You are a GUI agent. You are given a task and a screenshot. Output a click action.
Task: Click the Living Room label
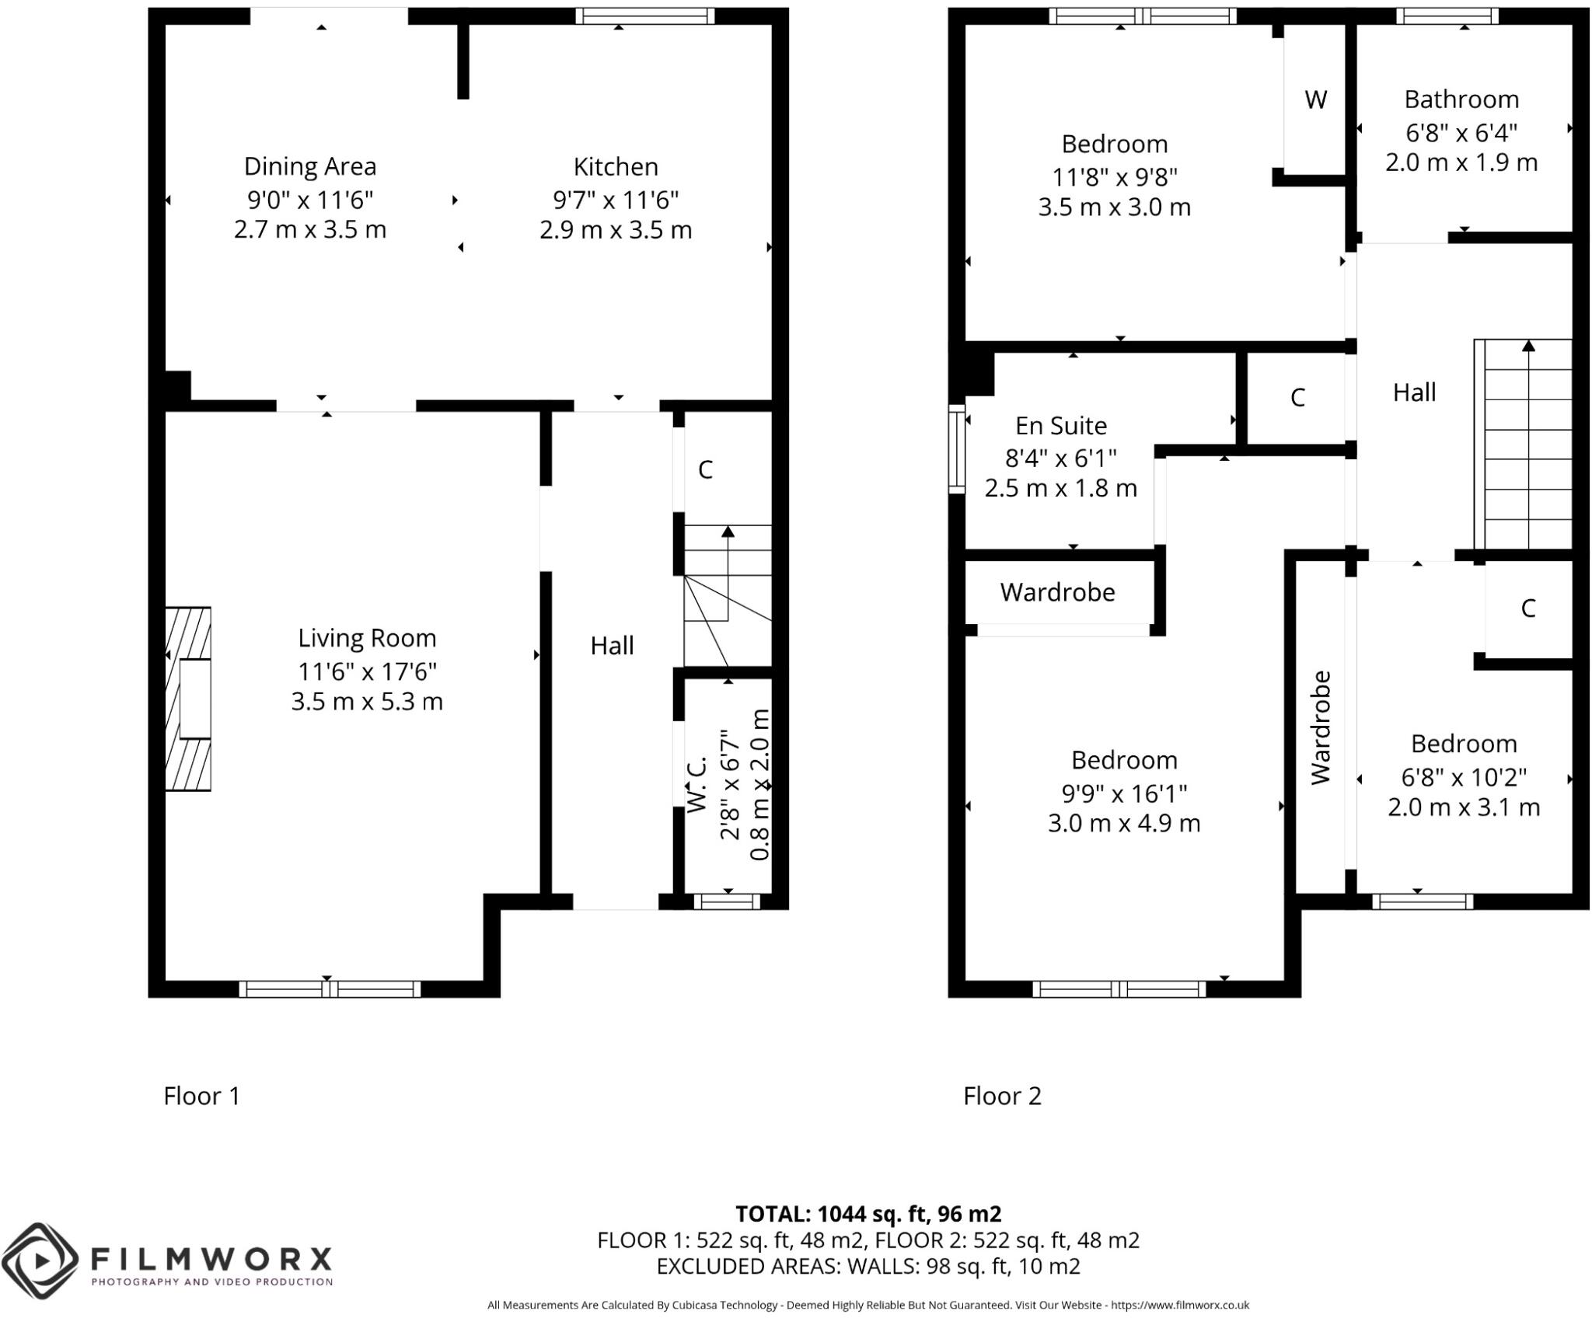coord(367,638)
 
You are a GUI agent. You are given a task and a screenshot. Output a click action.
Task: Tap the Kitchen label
coord(616,166)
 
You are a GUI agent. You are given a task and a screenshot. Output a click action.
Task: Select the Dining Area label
coord(310,166)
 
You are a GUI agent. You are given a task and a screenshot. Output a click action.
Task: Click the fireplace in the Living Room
coord(188,699)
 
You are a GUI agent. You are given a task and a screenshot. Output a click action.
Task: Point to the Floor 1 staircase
coord(728,595)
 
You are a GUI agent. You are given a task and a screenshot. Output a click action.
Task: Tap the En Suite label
coord(1061,426)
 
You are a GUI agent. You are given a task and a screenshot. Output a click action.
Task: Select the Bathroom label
coord(1461,99)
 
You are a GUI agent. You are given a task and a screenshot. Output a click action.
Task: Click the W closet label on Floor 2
coord(1315,99)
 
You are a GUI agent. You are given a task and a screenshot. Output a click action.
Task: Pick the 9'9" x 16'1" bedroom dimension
coord(1124,793)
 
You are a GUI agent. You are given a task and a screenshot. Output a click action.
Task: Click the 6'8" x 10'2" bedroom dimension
coord(1464,777)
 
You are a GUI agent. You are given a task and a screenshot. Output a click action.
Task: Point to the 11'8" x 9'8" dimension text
coord(1115,177)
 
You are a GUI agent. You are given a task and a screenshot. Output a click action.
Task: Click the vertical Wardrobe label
coord(1321,727)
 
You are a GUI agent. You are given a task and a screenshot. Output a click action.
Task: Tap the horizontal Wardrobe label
coord(1057,592)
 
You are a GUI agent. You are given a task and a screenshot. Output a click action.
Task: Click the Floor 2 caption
coord(1002,1096)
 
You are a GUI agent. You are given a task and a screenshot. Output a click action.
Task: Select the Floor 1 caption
coord(201,1096)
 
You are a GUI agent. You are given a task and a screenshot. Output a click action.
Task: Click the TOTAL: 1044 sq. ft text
coord(868,1214)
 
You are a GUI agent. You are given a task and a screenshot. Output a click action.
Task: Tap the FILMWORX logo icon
coord(40,1259)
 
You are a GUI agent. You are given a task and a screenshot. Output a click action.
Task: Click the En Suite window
coord(956,448)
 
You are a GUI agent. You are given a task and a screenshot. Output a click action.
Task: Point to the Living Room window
coord(330,989)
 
